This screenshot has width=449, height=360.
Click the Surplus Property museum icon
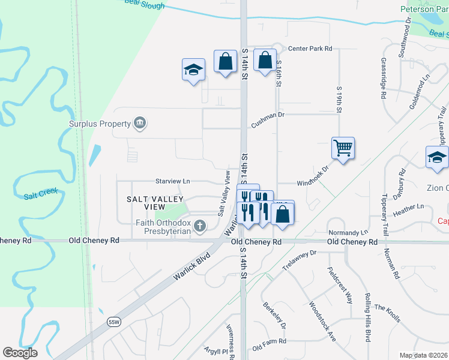[x=140, y=124]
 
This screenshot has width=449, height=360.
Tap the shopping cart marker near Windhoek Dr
[x=342, y=148]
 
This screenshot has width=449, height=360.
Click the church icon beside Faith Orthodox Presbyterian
[x=199, y=226]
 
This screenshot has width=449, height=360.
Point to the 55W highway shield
[x=114, y=322]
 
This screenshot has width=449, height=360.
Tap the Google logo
[x=20, y=353]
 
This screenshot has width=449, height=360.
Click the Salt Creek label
[x=40, y=196]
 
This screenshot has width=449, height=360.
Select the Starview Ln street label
[x=172, y=181]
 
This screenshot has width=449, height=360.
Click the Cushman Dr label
[x=268, y=122]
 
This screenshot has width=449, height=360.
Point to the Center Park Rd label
[x=310, y=49]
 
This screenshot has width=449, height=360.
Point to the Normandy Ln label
[x=348, y=232]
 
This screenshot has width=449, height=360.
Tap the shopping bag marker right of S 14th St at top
[x=265, y=61]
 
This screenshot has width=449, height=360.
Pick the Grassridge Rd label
[x=383, y=78]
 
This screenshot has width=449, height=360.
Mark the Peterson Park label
[x=424, y=9]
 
